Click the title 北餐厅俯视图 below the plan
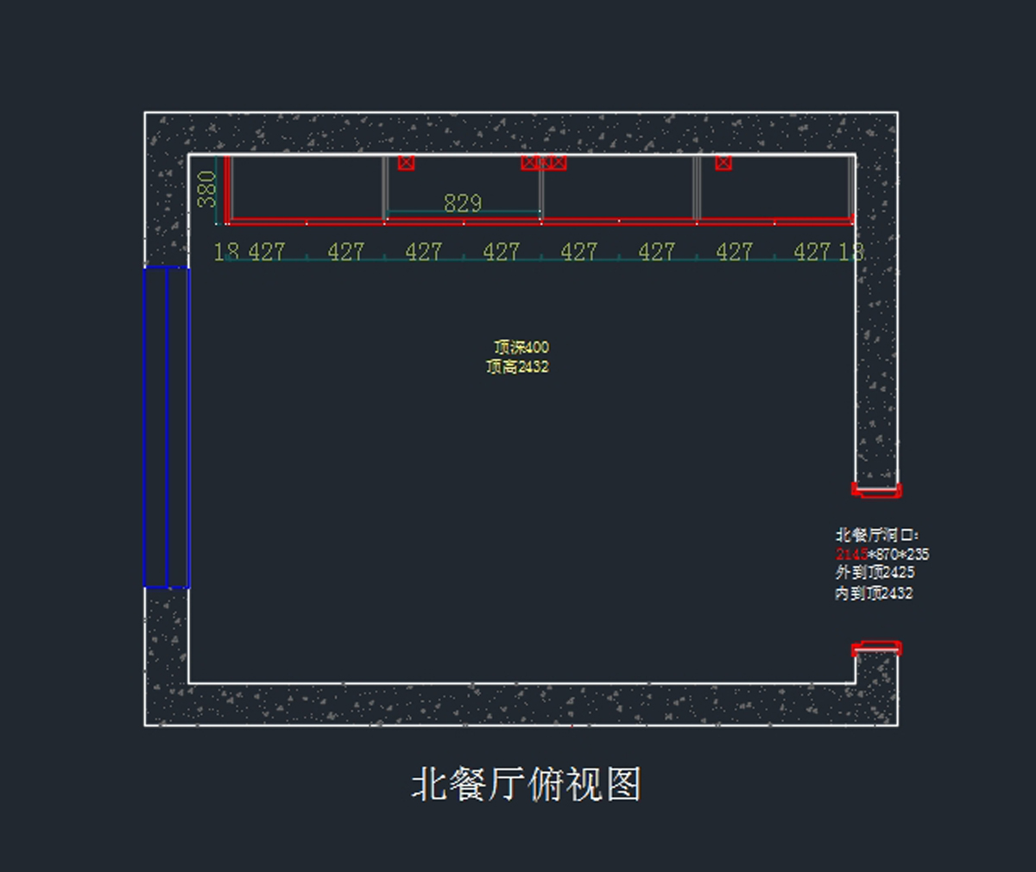[526, 785]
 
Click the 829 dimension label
[462, 204]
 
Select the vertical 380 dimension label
[207, 189]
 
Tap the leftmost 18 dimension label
[226, 252]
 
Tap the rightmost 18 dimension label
[851, 252]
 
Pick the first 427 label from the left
[267, 252]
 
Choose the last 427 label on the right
[812, 252]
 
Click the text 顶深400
[521, 347]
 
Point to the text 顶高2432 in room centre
[517, 367]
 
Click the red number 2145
[851, 555]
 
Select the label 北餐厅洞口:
[876, 535]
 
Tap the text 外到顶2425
[875, 573]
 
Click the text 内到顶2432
[874, 593]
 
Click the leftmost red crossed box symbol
[406, 162]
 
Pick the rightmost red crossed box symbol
[723, 162]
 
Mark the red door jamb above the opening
[876, 490]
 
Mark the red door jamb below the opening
[876, 649]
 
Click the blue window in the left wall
[167, 427]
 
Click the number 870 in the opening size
[888, 555]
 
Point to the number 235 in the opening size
[918, 555]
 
